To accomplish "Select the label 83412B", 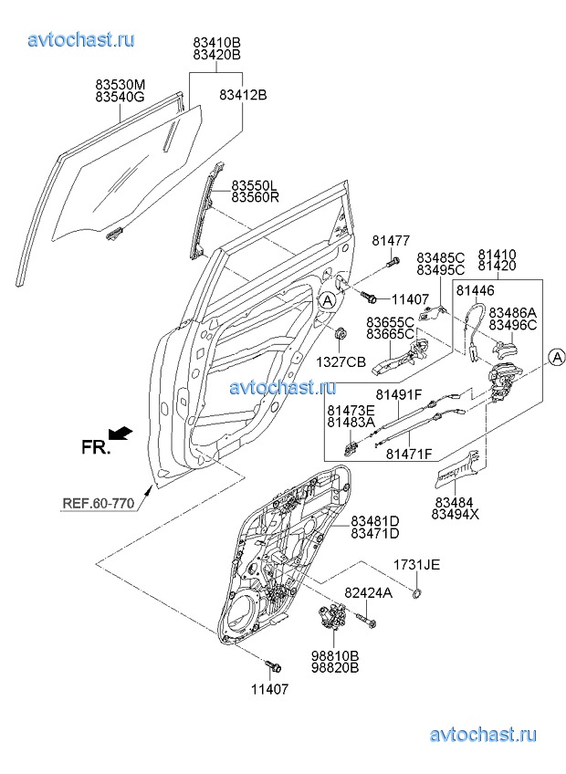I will pyautogui.click(x=242, y=94).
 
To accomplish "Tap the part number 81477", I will pyautogui.click(x=390, y=241).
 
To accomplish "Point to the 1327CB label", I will pyautogui.click(x=342, y=362).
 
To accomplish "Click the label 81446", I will pyautogui.click(x=475, y=290).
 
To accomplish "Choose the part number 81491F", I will pyautogui.click(x=399, y=394).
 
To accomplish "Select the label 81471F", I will pyautogui.click(x=408, y=453).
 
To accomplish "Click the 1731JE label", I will pyautogui.click(x=417, y=566).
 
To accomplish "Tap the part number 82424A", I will pyautogui.click(x=368, y=593).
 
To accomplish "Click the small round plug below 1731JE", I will pyautogui.click(x=415, y=593).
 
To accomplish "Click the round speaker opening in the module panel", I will pyautogui.click(x=246, y=611).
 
